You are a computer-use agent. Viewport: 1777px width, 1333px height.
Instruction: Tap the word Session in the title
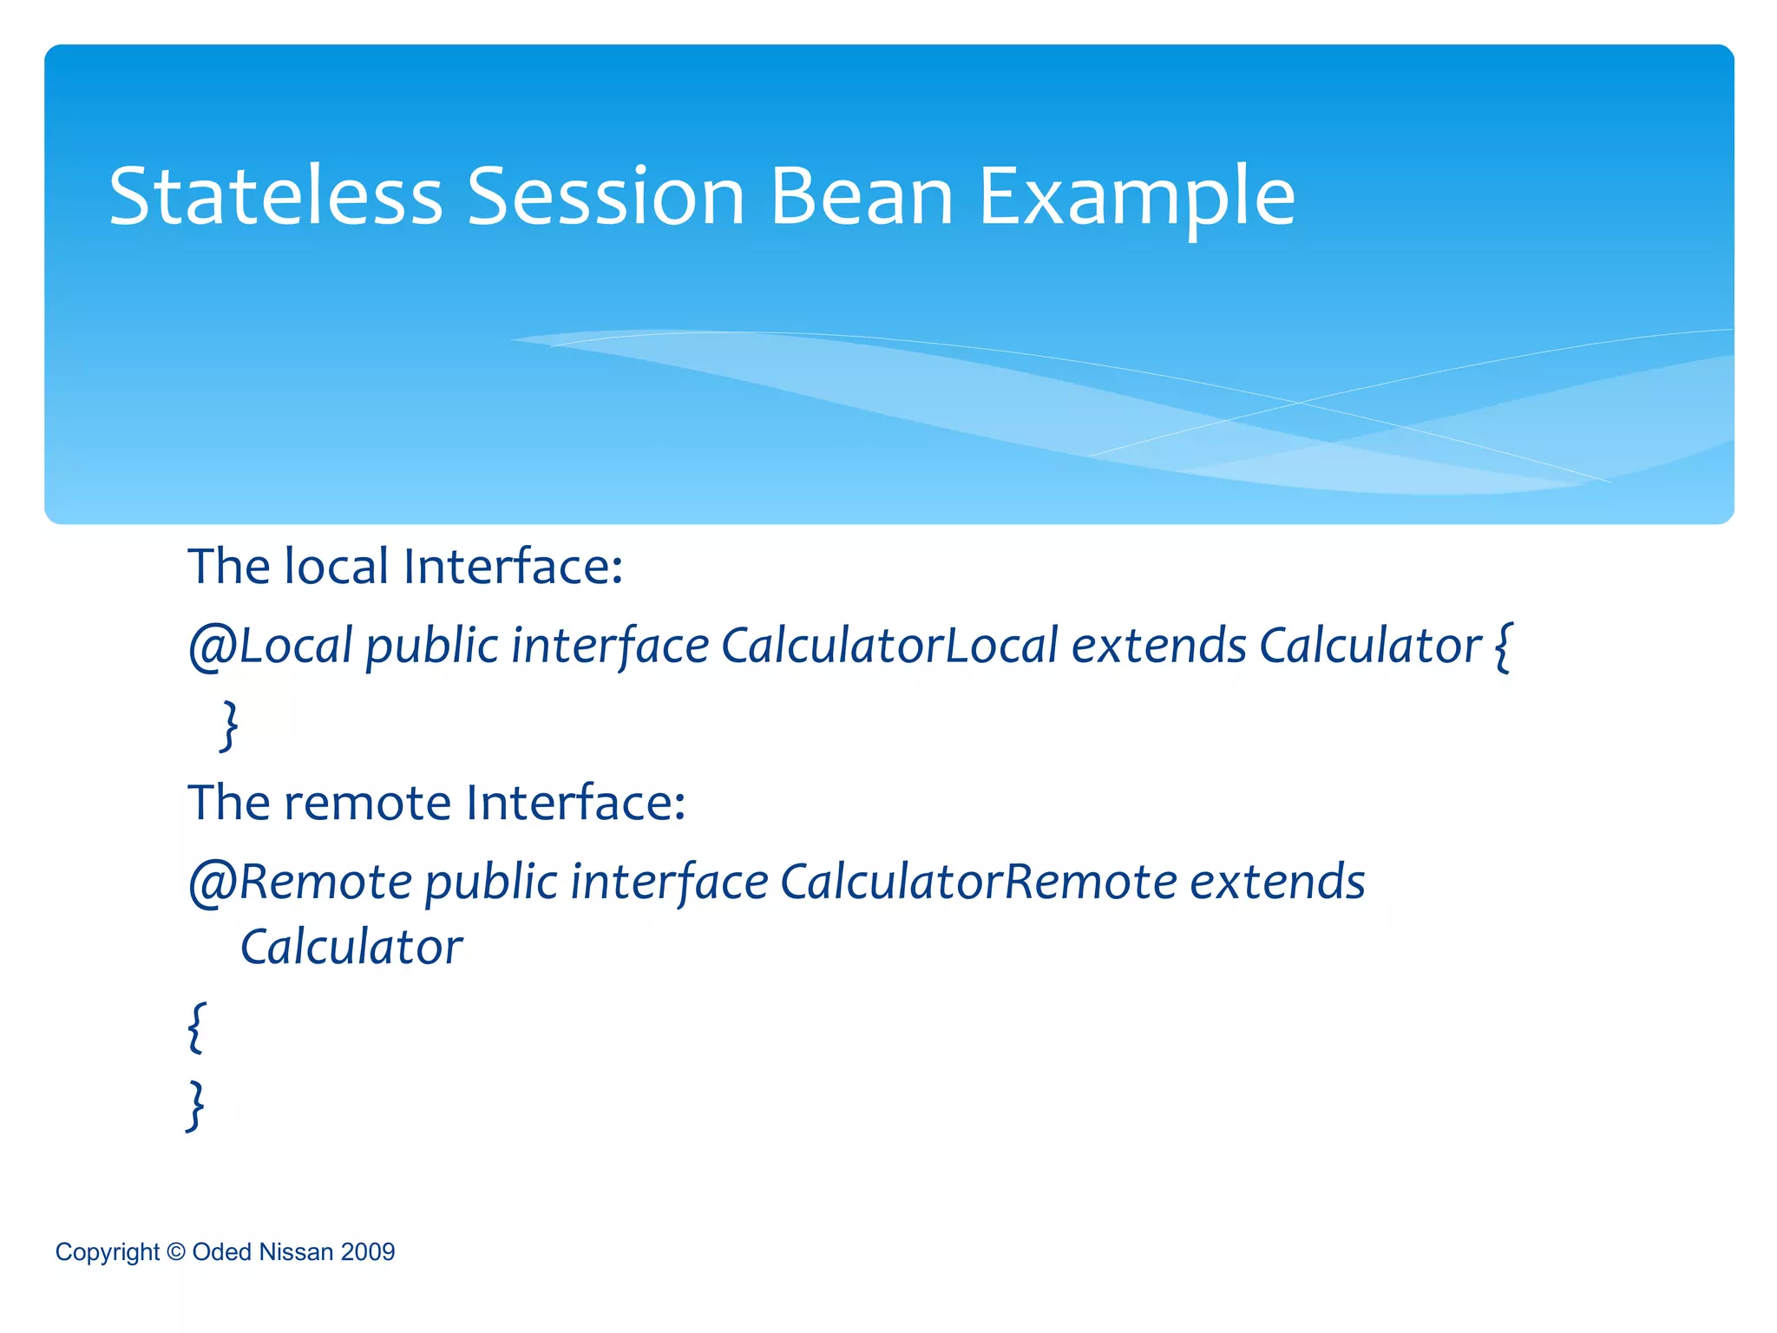[x=606, y=198]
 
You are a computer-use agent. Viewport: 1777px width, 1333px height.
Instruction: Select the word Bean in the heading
[x=862, y=198]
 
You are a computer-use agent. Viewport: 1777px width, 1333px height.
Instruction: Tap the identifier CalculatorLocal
[x=889, y=647]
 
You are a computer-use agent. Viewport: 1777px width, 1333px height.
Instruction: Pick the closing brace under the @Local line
[x=229, y=725]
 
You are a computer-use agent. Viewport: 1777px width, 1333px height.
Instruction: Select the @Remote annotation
[x=300, y=883]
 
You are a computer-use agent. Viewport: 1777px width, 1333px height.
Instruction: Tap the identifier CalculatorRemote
[x=978, y=883]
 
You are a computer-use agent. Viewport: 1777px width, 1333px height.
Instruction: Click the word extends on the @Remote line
[x=1277, y=883]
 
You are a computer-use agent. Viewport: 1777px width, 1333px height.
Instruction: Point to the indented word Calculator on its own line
[x=351, y=948]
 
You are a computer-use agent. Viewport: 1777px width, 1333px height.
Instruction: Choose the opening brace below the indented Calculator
[x=197, y=1027]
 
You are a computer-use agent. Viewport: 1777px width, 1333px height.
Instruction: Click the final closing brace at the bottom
[x=197, y=1105]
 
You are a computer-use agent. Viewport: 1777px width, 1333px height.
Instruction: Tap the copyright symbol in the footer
[x=175, y=1251]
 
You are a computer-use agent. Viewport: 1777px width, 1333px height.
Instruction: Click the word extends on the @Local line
[x=1158, y=647]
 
